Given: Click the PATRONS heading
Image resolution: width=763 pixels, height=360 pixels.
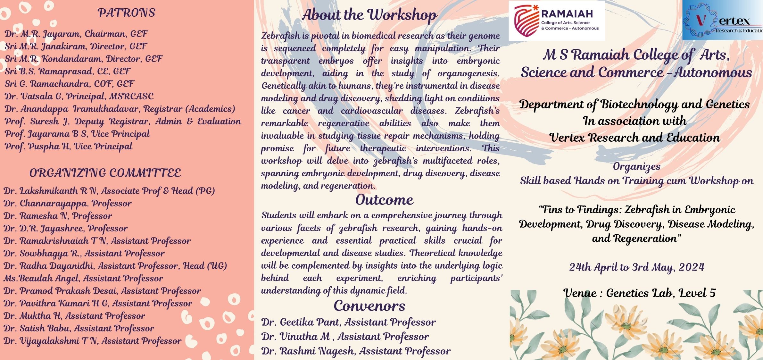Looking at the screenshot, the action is [126, 13].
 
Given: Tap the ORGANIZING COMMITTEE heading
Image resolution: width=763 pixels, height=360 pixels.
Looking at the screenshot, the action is [105, 173].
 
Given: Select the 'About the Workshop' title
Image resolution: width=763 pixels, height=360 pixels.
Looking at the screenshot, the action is [369, 15].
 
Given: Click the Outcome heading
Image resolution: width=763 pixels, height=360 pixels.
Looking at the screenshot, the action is [384, 200].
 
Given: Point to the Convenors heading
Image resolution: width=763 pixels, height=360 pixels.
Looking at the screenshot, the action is [369, 306].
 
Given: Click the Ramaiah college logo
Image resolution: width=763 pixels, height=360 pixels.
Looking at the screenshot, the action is [557, 21].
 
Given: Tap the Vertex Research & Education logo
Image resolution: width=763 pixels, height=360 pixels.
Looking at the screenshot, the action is [723, 20].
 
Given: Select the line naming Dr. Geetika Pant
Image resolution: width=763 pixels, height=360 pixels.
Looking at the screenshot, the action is [348, 322].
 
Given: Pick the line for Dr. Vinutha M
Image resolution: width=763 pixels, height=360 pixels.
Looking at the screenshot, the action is [345, 337].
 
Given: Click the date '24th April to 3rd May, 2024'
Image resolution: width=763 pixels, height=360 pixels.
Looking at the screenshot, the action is [636, 267].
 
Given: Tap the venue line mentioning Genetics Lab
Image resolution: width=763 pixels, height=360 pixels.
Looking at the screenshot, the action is [639, 293].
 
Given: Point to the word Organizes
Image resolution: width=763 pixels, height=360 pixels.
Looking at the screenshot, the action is [636, 167].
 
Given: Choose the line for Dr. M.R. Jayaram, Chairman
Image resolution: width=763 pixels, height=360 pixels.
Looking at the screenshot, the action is [76, 34].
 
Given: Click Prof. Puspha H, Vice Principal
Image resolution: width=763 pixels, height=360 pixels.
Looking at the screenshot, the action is [68, 147].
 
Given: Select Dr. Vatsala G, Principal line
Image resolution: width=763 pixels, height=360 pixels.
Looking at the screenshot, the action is [79, 96].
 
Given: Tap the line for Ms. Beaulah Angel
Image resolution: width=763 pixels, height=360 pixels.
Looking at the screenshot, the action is [83, 278].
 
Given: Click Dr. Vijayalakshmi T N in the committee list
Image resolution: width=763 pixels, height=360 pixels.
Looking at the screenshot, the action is [93, 341].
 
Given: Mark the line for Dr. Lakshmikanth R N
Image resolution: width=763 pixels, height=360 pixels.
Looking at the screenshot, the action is [109, 191].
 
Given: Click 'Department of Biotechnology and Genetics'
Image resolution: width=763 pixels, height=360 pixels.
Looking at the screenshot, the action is [634, 105].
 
